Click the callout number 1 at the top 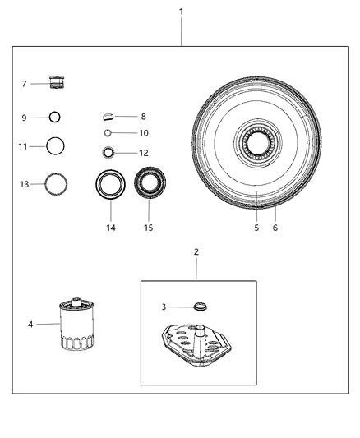pyautogui.click(x=181, y=12)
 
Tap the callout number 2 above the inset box pyautogui.click(x=196, y=251)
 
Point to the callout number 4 pyautogui.click(x=30, y=325)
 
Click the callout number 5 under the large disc pyautogui.click(x=256, y=228)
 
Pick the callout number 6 pyautogui.click(x=275, y=228)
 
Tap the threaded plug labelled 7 pyautogui.click(x=58, y=83)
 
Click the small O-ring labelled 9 pyautogui.click(x=55, y=118)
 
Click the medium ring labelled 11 pyautogui.click(x=56, y=146)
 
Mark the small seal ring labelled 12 pyautogui.click(x=108, y=152)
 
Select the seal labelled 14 pyautogui.click(x=110, y=183)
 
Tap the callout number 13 pyautogui.click(x=25, y=184)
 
